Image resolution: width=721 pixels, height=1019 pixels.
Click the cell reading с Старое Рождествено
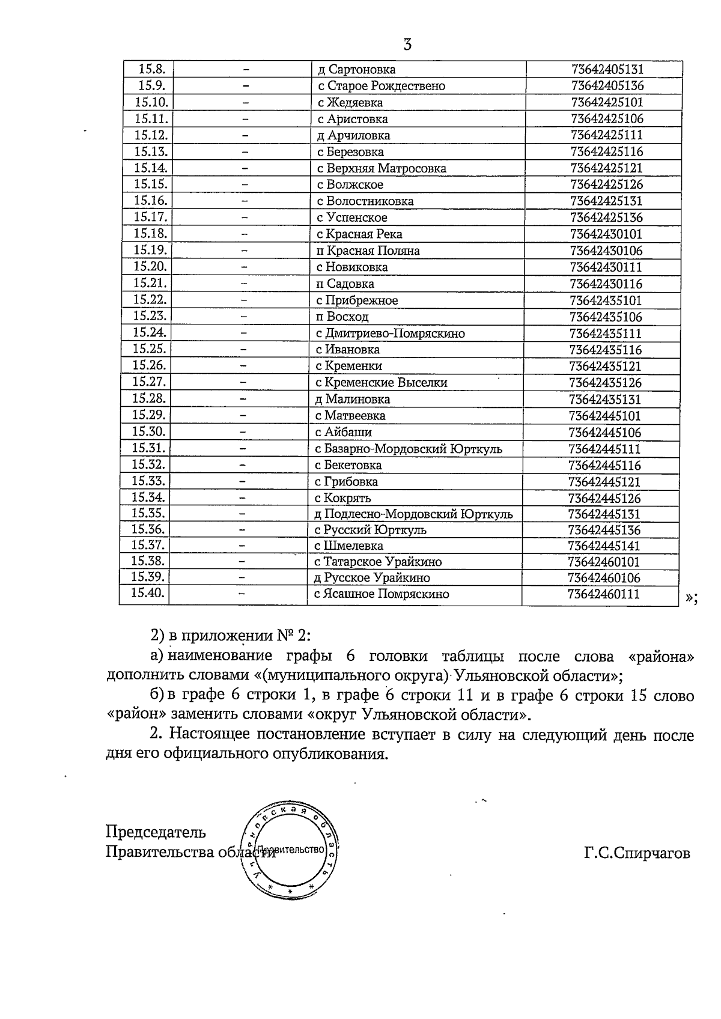pyautogui.click(x=382, y=86)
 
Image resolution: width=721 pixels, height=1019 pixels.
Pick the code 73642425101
pyautogui.click(x=607, y=102)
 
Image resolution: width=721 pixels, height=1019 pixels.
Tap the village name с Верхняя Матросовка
pyautogui.click(x=382, y=168)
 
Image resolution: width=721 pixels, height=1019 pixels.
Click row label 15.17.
pyautogui.click(x=150, y=217)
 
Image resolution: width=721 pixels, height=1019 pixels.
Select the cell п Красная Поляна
pyautogui.click(x=368, y=251)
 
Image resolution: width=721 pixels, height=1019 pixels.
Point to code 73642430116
pyautogui.click(x=606, y=284)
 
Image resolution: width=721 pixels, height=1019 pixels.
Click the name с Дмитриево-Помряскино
pyautogui.click(x=390, y=333)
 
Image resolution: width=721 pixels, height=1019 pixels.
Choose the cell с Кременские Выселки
pyautogui.click(x=381, y=382)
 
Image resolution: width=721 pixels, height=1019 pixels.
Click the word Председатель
pyautogui.click(x=156, y=832)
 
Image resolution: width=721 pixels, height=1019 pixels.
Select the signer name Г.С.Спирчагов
pyautogui.click(x=636, y=853)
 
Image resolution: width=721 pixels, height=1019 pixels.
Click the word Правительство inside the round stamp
pyautogui.click(x=294, y=850)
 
